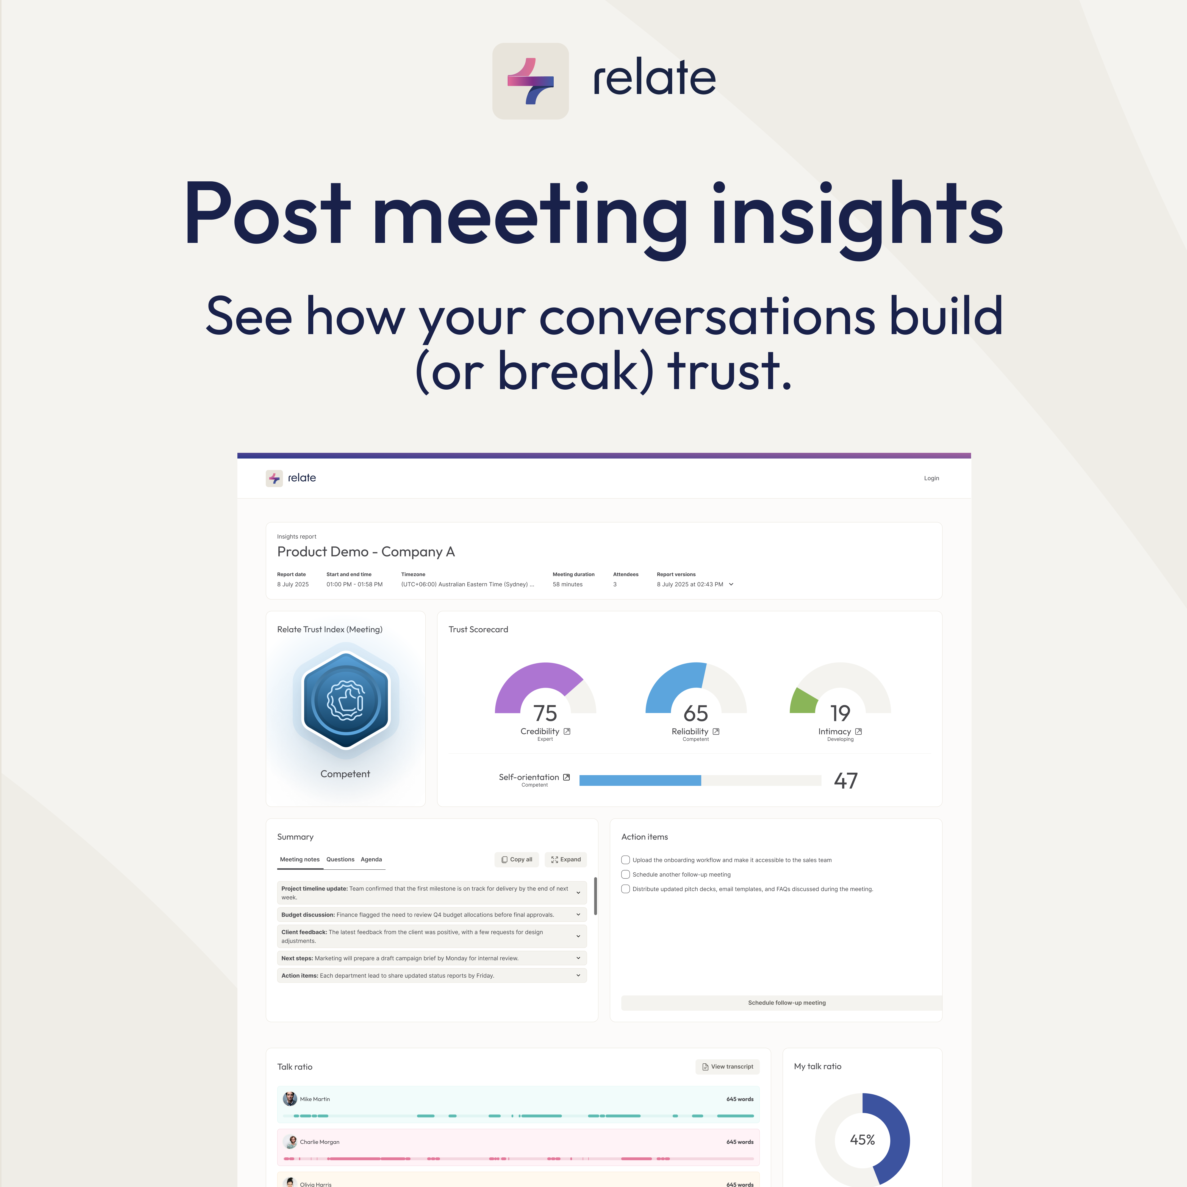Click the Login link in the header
coord(931,478)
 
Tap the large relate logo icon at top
coord(530,81)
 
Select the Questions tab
coord(340,859)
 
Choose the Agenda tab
coord(371,859)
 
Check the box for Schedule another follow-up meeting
coord(625,874)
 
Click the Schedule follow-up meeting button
coord(786,1003)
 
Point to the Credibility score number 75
coord(545,713)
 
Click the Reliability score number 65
coord(695,713)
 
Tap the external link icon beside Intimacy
coord(858,731)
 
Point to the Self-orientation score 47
coord(845,780)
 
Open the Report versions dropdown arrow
coord(731,584)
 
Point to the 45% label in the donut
coord(862,1140)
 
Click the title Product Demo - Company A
coord(365,552)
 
